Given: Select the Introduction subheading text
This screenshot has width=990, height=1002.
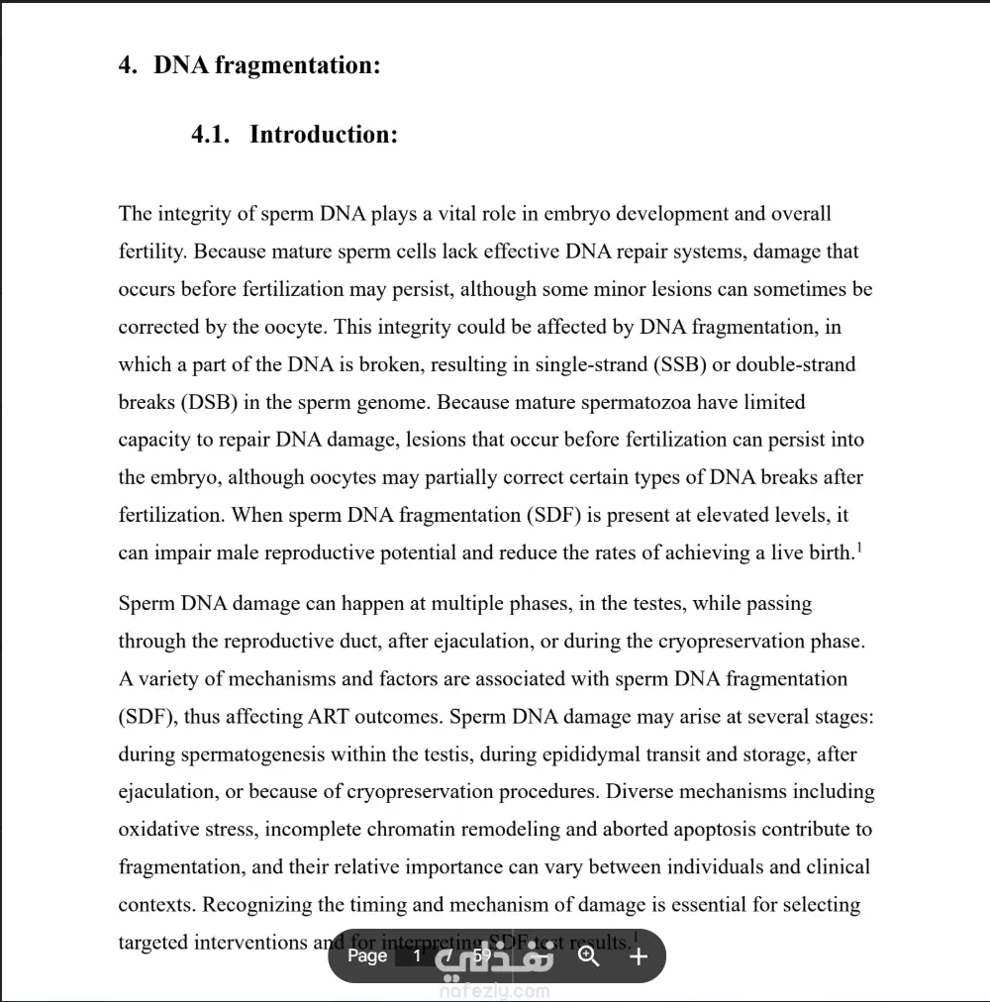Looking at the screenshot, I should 324,135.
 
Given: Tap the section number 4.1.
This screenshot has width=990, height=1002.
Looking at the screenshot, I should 211,135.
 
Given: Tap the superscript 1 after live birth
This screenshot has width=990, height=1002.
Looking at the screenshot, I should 858,547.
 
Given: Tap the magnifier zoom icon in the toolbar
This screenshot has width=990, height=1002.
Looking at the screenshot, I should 589,955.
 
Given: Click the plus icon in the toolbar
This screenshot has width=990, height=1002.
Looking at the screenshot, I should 639,955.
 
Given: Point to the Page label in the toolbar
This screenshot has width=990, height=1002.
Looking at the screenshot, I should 367,955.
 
